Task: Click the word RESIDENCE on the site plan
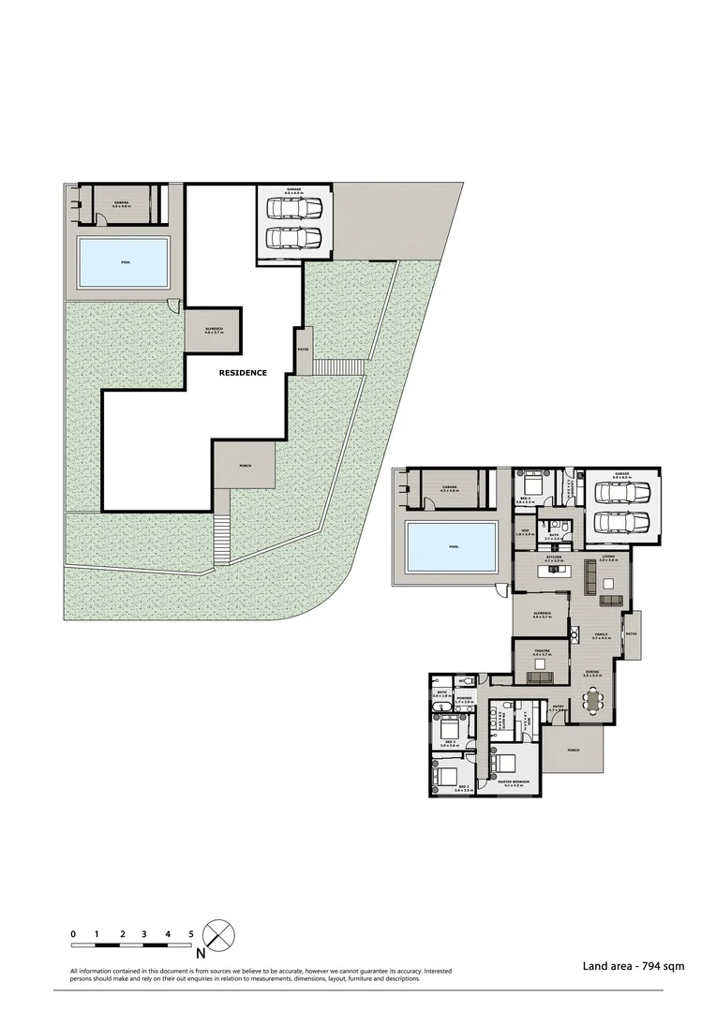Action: tap(243, 373)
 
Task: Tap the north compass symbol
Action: tap(218, 936)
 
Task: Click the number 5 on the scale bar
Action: tap(191, 933)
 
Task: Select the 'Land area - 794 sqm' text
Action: tap(626, 964)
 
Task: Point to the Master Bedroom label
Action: tap(514, 781)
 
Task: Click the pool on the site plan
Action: tap(125, 261)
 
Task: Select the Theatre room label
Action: tap(542, 651)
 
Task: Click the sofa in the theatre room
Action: tap(540, 677)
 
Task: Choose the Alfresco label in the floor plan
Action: tap(540, 615)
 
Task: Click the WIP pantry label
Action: tap(525, 532)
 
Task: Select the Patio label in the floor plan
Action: tap(631, 633)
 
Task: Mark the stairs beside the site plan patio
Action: tap(331, 366)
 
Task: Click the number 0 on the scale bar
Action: tap(73, 933)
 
